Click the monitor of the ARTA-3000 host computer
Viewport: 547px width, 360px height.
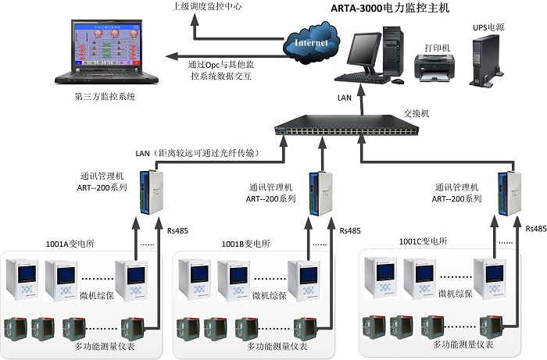coord(364,51)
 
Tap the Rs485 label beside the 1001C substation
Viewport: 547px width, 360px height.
coord(536,229)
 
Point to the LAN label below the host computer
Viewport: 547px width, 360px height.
coord(345,98)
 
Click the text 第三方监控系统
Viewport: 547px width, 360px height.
coord(105,98)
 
